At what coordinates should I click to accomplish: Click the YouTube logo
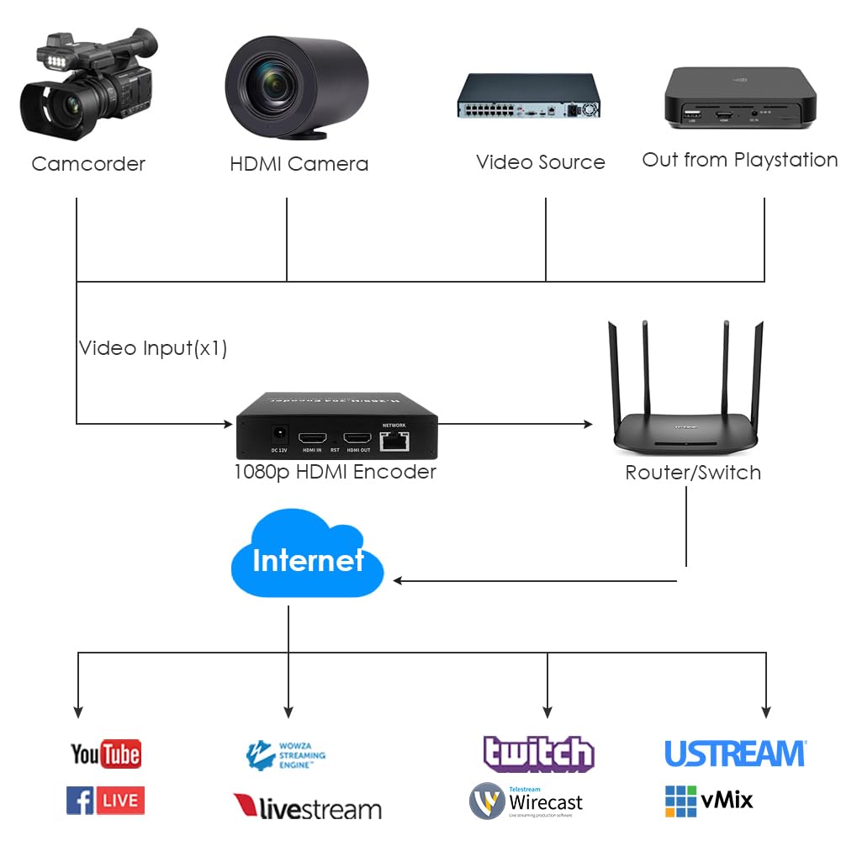tap(105, 754)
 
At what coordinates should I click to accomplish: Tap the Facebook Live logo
tap(105, 800)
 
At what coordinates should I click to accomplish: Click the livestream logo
tap(307, 808)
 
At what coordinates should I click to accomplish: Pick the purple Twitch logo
tap(538, 754)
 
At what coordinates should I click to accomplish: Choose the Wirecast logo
tap(526, 801)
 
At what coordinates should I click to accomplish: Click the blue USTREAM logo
tap(735, 754)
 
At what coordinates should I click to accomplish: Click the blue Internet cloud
tap(307, 559)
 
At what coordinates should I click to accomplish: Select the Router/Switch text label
tap(693, 473)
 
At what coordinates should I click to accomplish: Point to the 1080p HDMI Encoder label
tap(335, 472)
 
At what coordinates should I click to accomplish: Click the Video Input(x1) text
tap(153, 348)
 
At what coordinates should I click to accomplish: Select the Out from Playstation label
tap(739, 160)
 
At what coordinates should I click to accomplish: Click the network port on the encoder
tap(394, 438)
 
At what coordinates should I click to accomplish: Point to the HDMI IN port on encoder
tap(314, 438)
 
